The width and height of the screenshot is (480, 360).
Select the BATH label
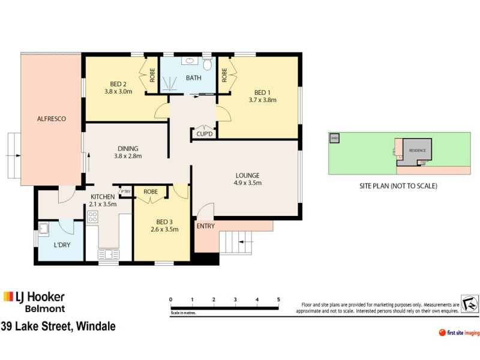[x=193, y=78]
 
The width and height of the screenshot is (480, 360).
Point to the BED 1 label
[x=262, y=92]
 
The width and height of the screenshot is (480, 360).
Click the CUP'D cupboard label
[x=204, y=134]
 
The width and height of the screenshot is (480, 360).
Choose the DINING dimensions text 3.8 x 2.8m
[x=128, y=157]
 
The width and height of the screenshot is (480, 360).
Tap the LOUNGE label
[x=247, y=175]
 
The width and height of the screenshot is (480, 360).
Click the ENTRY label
[x=206, y=226]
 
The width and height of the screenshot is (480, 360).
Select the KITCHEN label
[x=103, y=197]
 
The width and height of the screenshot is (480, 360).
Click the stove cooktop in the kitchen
[x=93, y=218]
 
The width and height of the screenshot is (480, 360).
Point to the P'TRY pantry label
[x=125, y=192]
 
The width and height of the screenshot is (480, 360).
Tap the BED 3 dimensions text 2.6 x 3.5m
[x=164, y=229]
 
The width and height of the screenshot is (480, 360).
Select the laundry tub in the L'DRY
[x=44, y=229]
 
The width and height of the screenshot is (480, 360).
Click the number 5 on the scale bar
[x=278, y=299]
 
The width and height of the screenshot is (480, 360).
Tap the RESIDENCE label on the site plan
[x=417, y=149]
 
